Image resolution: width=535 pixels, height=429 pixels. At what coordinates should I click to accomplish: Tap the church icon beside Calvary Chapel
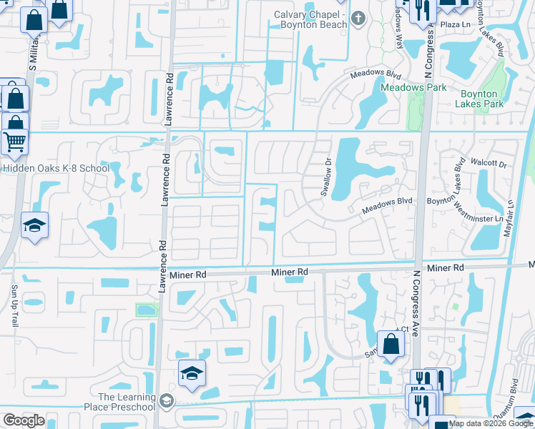click(x=360, y=17)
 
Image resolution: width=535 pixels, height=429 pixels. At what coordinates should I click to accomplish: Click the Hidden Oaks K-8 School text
click(x=55, y=169)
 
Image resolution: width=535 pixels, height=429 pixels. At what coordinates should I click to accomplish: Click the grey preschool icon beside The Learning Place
click(x=167, y=400)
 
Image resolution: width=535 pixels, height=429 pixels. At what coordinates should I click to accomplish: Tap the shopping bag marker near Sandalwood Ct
click(x=391, y=345)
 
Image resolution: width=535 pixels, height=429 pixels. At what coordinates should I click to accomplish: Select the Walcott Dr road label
click(x=489, y=164)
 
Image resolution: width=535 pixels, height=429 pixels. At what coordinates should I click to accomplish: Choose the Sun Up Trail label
click(x=14, y=306)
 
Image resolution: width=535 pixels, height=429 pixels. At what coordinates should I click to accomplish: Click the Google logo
click(x=24, y=420)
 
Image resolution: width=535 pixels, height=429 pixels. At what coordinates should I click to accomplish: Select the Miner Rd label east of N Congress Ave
click(x=446, y=267)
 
